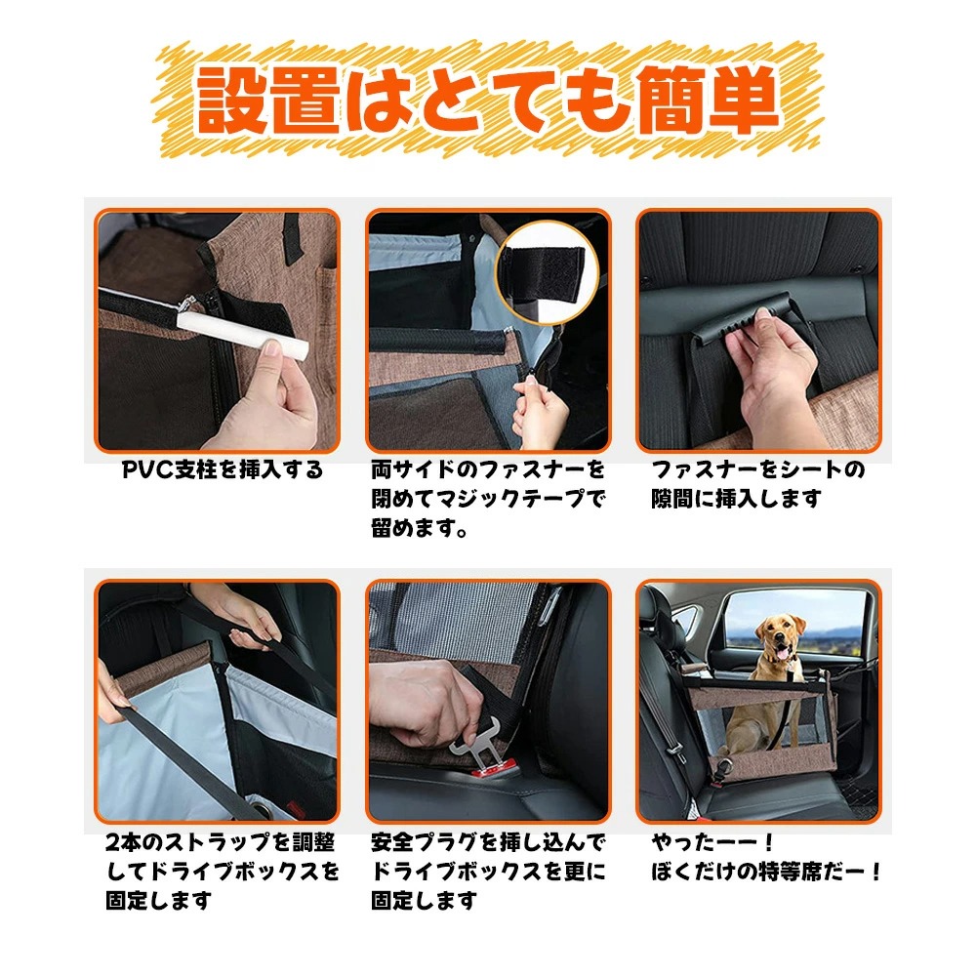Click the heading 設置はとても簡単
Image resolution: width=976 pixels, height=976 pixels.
click(x=488, y=102)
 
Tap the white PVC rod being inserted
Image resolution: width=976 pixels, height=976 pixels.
click(x=243, y=335)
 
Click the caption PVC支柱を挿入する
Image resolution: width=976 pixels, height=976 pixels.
click(x=223, y=469)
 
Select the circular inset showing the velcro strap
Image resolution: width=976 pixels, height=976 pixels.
click(x=548, y=272)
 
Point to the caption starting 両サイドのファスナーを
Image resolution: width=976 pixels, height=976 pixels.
click(x=488, y=499)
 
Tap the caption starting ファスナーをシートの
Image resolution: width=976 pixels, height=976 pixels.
click(x=758, y=484)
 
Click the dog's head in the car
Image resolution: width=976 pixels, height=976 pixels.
click(x=779, y=639)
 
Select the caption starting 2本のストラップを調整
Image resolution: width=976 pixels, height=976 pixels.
click(x=223, y=871)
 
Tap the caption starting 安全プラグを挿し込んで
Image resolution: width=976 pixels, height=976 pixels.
click(x=488, y=871)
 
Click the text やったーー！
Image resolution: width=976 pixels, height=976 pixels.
click(x=712, y=843)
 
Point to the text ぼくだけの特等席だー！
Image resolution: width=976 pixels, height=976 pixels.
click(x=766, y=872)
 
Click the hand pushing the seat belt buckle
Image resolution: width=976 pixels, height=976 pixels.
click(x=424, y=704)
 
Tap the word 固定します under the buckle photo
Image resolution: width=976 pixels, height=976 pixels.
click(x=425, y=900)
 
